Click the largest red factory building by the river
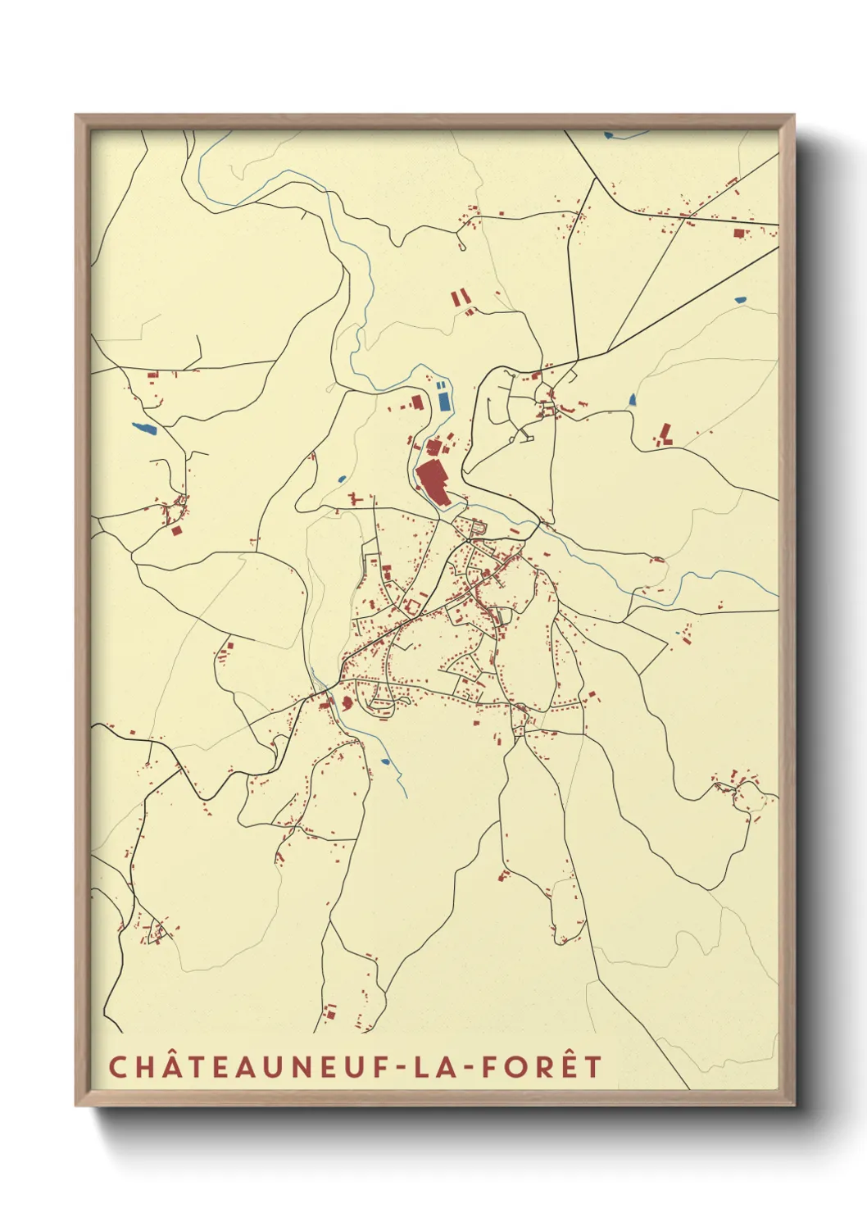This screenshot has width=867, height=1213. coord(432,484)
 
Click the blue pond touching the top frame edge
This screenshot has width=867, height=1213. coord(609,134)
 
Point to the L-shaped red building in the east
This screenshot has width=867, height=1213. coord(666,434)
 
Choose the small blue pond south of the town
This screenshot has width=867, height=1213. coord(385,761)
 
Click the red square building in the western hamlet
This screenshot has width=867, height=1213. coord(176,530)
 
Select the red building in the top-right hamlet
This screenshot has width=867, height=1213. coord(739,234)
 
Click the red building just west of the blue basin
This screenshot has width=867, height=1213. coord(415,402)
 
